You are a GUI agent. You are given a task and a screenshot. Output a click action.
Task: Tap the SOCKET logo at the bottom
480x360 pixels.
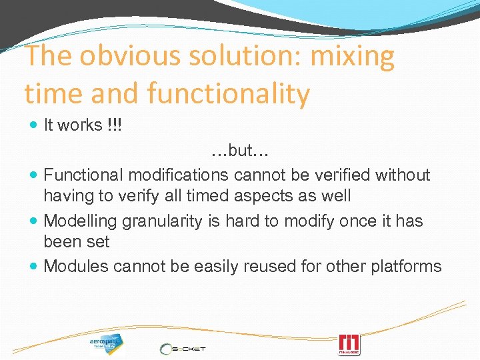click(183, 348)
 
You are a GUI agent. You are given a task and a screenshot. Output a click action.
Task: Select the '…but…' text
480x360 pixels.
click(239, 151)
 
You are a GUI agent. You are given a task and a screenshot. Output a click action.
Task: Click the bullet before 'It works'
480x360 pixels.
click(34, 126)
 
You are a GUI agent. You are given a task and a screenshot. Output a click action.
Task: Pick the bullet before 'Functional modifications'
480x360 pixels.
click(34, 175)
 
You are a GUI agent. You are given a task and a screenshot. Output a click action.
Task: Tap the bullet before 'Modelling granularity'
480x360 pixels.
click(34, 221)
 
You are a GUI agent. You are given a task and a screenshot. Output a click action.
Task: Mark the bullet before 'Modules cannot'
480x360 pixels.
click(34, 267)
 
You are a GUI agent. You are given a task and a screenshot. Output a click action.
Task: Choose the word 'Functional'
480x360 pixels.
click(83, 175)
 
